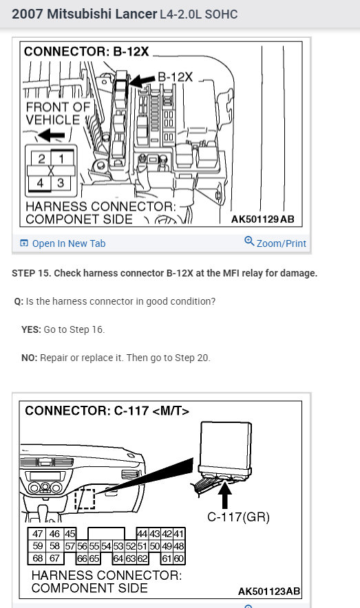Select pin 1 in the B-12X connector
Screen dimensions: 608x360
click(60, 159)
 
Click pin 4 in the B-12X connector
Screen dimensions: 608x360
click(41, 183)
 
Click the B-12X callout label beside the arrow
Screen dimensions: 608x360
click(176, 77)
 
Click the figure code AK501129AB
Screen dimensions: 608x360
click(263, 219)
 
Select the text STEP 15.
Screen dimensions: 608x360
click(32, 273)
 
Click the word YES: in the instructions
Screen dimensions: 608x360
click(31, 329)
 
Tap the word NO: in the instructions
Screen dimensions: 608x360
click(30, 358)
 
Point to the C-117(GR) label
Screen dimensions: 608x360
click(238, 517)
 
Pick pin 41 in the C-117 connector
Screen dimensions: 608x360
click(179, 534)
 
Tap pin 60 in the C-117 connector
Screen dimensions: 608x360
click(179, 558)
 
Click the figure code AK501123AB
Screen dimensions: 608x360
click(269, 591)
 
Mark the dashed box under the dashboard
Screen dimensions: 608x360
click(85, 499)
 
